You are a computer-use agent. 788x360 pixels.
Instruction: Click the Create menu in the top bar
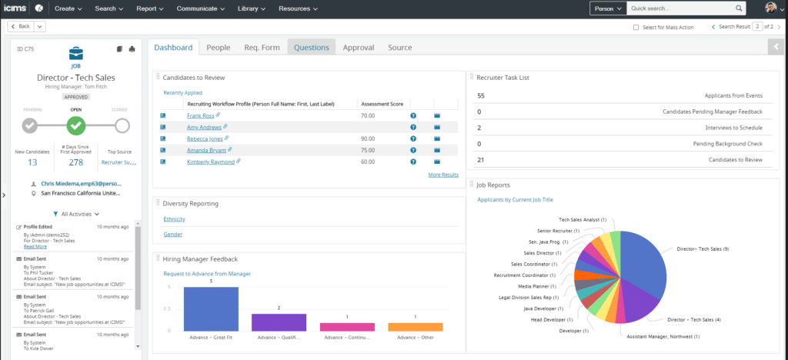(68, 8)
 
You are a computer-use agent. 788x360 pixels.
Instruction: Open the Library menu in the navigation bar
(252, 8)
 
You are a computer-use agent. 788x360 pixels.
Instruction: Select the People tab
(219, 48)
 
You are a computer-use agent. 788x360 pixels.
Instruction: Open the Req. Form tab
(262, 48)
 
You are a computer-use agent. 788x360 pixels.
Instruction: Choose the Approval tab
(359, 48)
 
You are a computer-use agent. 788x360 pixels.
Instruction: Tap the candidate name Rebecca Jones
(205, 138)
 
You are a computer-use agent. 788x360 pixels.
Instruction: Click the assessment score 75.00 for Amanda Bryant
(368, 150)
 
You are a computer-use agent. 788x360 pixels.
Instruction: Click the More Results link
(443, 175)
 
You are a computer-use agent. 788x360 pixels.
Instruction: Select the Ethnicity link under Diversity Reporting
(175, 219)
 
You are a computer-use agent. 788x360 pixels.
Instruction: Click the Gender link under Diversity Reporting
(172, 234)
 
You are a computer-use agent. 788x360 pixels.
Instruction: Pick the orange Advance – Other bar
(416, 326)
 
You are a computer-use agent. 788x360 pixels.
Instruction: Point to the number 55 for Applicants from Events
(481, 95)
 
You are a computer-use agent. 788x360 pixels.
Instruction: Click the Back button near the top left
(21, 26)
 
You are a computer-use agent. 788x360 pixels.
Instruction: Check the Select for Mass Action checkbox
(636, 27)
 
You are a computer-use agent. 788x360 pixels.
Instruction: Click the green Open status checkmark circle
(75, 125)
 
